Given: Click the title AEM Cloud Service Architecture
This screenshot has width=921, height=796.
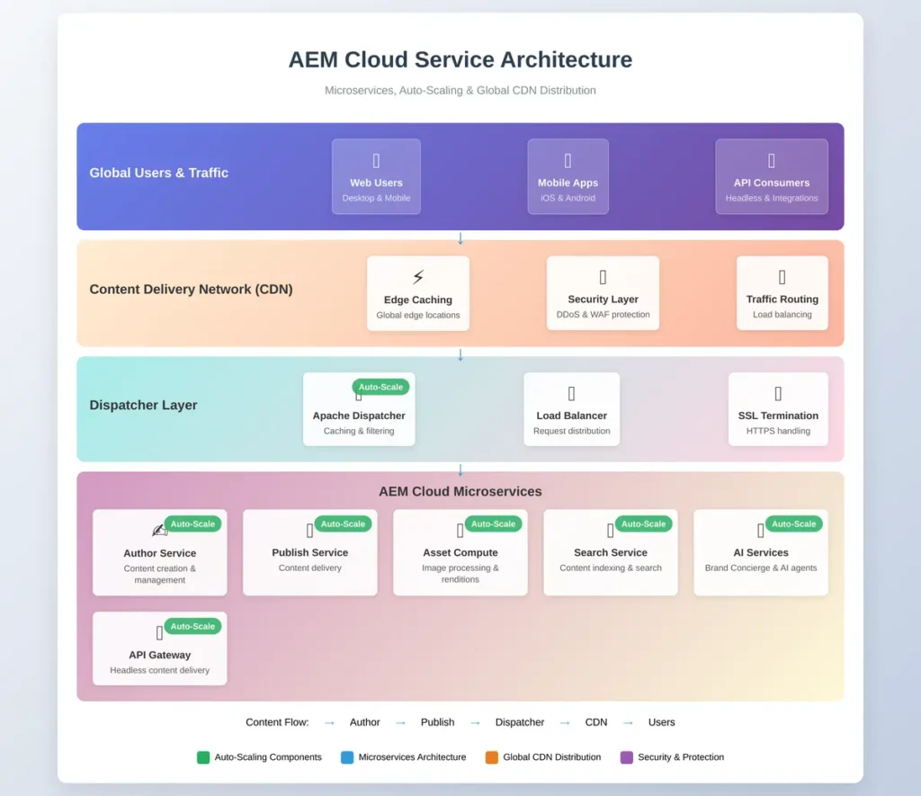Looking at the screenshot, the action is click(x=460, y=59).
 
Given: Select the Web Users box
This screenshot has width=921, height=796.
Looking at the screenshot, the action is click(x=376, y=176).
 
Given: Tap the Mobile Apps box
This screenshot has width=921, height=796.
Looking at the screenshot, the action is click(x=568, y=176).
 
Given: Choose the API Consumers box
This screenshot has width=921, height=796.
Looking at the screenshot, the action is click(x=771, y=176).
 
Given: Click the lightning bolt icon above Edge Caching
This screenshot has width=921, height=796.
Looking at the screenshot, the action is click(x=417, y=277).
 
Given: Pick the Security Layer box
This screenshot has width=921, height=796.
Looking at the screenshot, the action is click(x=603, y=292).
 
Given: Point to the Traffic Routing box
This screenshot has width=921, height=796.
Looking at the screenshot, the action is click(x=782, y=292).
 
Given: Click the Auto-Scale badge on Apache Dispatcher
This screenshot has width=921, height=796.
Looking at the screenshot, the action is click(x=380, y=387).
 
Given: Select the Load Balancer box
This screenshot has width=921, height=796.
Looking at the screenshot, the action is click(x=571, y=409).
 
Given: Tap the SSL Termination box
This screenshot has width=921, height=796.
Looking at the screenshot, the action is click(x=778, y=409).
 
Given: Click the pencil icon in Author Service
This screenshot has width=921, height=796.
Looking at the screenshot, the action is click(x=159, y=531).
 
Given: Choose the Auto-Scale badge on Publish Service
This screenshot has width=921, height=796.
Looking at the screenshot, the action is click(x=343, y=524).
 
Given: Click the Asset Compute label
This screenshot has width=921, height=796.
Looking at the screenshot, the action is click(x=460, y=553).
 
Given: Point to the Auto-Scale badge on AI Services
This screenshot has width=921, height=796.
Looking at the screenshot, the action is click(x=793, y=524).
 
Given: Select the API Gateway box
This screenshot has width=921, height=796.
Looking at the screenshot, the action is click(x=160, y=648).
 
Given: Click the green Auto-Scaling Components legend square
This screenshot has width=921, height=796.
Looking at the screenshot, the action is click(x=203, y=757).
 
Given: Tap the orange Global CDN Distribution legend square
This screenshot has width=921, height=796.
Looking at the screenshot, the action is click(x=492, y=757).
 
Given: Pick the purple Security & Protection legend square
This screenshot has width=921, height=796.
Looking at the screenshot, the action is click(x=627, y=757).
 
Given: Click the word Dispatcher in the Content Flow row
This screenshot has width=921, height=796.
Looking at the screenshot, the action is click(x=520, y=722).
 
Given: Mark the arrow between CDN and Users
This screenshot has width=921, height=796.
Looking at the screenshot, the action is click(x=628, y=722).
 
